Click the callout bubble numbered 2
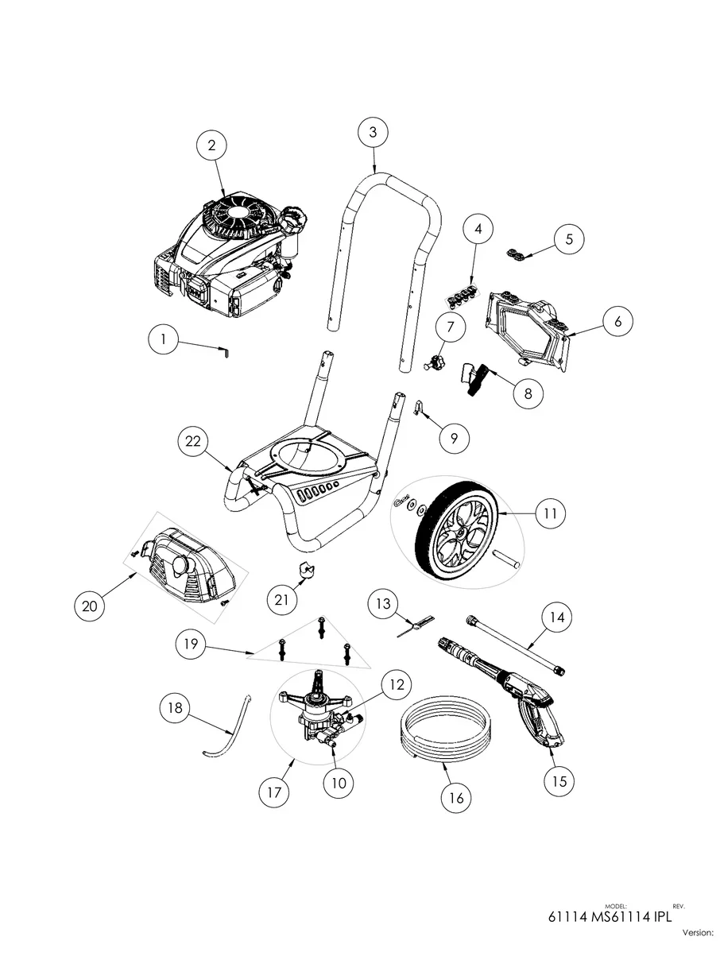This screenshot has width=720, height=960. click(211, 145)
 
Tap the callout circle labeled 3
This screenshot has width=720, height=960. click(373, 133)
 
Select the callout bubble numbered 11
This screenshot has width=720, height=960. click(549, 514)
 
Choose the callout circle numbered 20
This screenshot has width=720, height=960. click(90, 606)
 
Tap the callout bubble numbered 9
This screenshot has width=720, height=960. click(454, 437)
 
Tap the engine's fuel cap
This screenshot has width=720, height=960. click(295, 216)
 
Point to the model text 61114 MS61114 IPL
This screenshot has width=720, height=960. click(610, 917)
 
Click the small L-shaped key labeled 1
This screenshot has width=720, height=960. click(226, 350)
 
